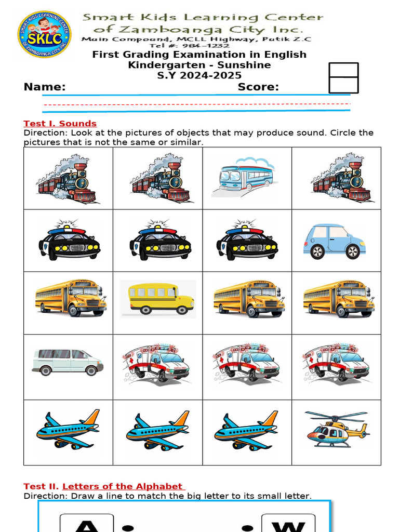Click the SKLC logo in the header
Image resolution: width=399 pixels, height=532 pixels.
[44, 34]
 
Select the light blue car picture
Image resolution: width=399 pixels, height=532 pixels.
[335, 241]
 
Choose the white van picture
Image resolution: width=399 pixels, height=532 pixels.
[68, 362]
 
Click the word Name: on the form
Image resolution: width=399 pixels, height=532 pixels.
[45, 87]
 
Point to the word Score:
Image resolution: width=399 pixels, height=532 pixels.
[258, 87]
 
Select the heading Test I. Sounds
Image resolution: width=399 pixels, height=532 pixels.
[60, 124]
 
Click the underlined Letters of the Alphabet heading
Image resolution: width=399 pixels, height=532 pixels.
[123, 486]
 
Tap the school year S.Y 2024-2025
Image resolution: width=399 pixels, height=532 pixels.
[199, 76]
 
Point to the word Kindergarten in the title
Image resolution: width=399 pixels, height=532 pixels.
[170, 65]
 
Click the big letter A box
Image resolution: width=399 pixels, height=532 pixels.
[87, 524]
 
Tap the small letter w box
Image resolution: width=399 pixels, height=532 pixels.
[288, 524]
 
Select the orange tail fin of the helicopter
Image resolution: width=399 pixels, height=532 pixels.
[363, 430]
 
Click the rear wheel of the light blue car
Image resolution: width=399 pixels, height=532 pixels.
[353, 251]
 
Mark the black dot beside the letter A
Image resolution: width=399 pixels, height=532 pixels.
[127, 528]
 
